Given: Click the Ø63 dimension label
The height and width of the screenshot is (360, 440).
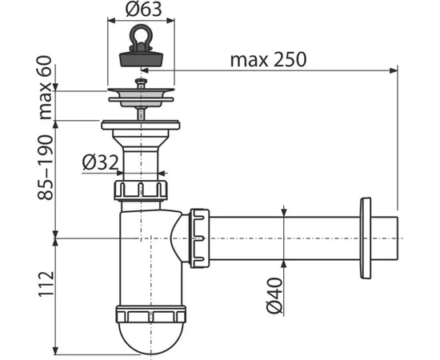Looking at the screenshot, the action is pos(143,9).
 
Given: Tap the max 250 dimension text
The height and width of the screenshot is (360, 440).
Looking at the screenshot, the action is pos(268,60).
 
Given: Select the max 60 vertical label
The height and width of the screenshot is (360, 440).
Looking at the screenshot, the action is pos(45,88).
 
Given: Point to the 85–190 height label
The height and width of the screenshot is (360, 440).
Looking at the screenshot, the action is pos(45,167).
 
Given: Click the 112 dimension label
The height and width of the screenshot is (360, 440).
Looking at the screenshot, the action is pos(46,284).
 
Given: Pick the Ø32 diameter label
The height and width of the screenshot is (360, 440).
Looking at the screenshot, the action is pos(100,162).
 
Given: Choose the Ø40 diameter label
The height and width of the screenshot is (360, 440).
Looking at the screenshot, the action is pos(274,295).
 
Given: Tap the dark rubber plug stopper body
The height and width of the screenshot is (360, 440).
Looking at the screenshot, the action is pos(141,58).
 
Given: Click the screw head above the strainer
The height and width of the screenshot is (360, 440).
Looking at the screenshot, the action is pos(141,83).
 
